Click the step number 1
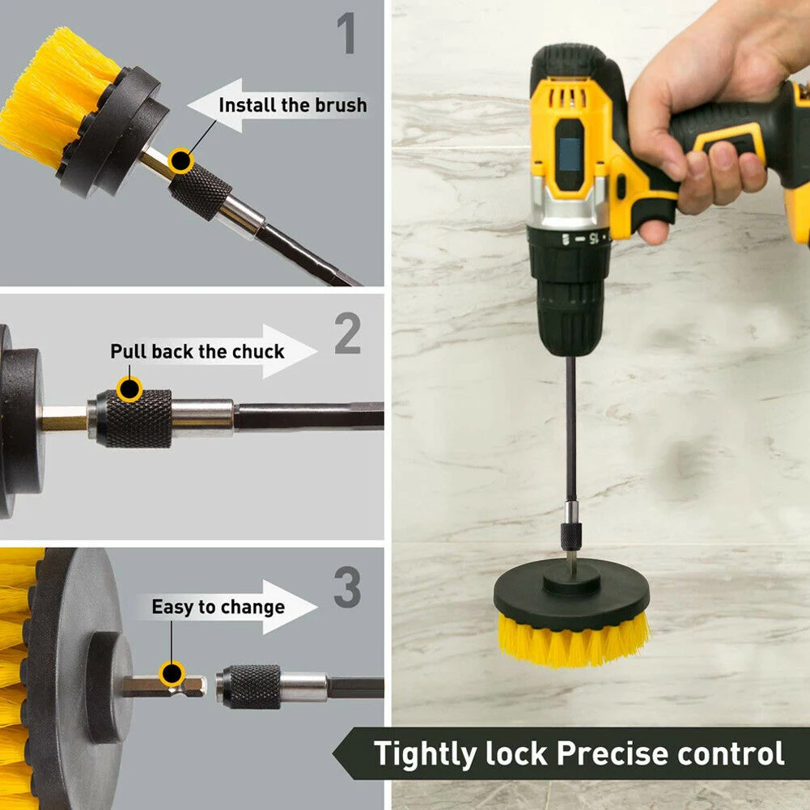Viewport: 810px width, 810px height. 346,33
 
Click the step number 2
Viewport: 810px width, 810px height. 348,333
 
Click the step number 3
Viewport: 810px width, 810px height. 347,587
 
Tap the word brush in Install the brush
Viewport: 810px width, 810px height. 341,105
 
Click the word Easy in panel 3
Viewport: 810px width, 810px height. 173,608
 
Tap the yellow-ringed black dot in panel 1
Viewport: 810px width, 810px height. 180,161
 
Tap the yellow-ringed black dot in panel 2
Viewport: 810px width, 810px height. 129,388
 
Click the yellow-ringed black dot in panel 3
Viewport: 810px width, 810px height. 172,673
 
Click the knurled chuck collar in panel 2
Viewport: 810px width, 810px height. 134,419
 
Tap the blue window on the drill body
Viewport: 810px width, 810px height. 570,154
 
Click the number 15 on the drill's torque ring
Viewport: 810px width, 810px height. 593,238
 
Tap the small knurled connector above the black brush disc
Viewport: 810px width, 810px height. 570,536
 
